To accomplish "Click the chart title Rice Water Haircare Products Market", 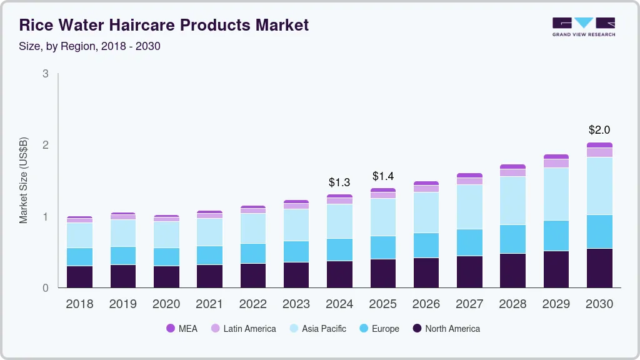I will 164,26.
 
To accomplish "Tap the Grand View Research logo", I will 583,26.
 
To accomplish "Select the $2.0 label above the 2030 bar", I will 599,130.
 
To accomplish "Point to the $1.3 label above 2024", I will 340,182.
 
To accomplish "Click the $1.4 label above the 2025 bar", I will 383,176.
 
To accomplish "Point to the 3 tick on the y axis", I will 45,74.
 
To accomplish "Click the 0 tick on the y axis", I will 45,288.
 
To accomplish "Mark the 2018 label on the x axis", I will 79,304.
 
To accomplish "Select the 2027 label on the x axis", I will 469,304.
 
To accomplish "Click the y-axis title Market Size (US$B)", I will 24,181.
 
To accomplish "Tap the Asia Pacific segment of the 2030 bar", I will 599,186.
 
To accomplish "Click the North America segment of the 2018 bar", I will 79,277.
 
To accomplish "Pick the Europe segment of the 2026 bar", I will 426,245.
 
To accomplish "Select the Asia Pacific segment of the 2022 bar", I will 253,228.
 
